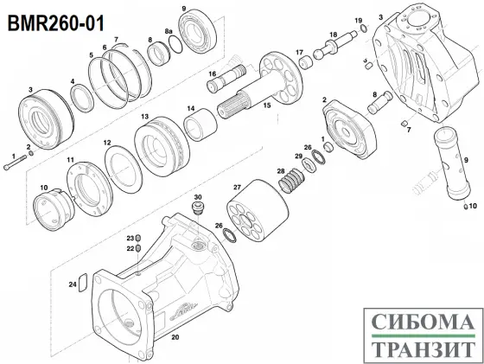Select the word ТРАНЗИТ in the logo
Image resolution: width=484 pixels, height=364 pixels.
click(x=423, y=349)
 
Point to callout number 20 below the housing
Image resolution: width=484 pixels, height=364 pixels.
click(x=175, y=338)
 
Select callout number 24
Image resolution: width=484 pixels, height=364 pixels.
click(x=73, y=283)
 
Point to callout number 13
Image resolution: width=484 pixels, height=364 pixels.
click(x=145, y=117)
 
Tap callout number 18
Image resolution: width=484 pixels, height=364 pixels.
click(x=331, y=35)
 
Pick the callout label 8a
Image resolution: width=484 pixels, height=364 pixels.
click(x=170, y=30)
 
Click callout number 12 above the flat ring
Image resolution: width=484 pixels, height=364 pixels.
click(x=107, y=142)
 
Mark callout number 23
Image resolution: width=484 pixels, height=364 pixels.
click(x=130, y=237)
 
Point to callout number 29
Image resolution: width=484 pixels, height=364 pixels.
click(x=298, y=156)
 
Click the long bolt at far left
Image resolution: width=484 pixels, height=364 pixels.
click(x=15, y=161)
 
